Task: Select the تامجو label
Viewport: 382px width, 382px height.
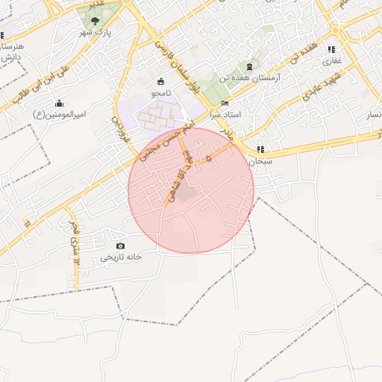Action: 161,93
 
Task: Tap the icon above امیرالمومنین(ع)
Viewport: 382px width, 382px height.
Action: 60,103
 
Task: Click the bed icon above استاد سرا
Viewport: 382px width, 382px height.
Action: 225,103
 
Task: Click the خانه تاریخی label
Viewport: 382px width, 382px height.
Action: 121,257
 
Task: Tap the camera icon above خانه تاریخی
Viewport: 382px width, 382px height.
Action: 121,245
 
